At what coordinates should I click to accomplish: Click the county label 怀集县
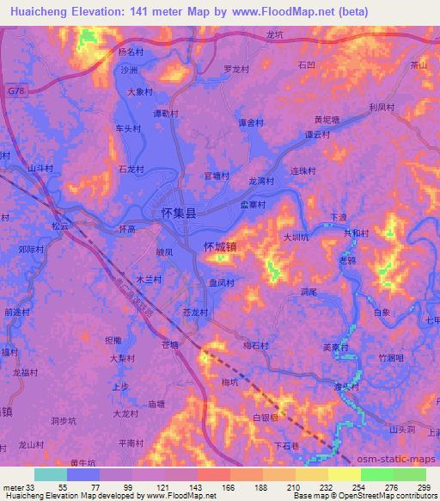coord(179,212)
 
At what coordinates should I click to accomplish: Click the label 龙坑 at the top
coord(274,35)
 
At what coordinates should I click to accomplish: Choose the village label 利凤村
coord(381,107)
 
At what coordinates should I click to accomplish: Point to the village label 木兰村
coord(149,279)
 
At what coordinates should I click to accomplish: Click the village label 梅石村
coord(256,345)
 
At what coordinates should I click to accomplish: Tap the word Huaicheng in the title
coord(36,12)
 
